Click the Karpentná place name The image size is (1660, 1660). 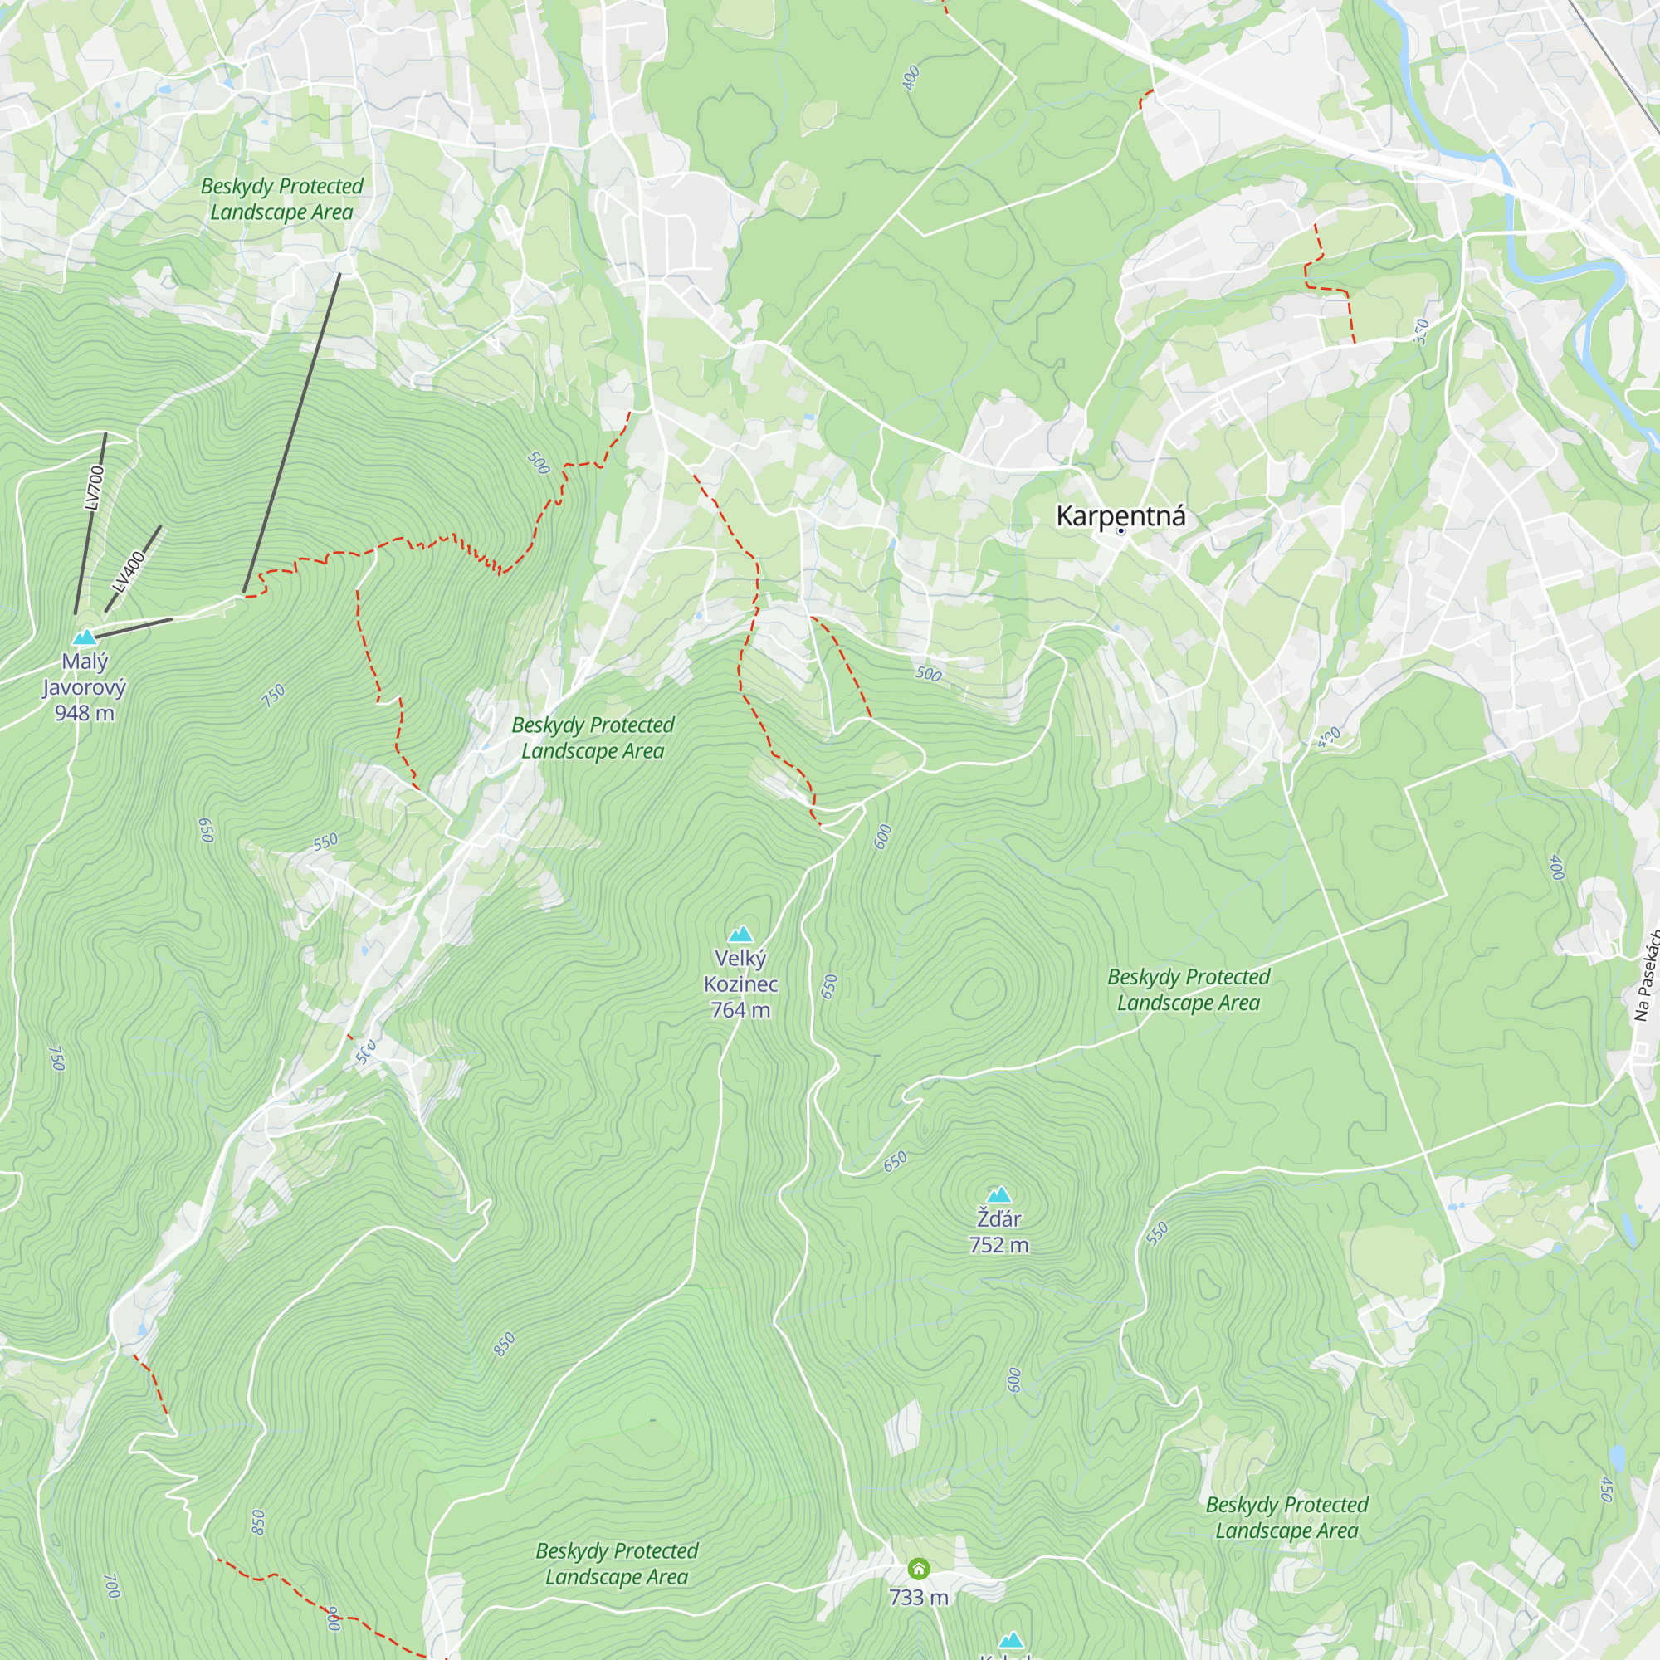(1120, 515)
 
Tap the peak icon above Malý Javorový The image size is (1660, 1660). (84, 637)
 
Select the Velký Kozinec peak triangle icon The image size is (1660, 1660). (740, 934)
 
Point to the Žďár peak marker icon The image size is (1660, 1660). (998, 1194)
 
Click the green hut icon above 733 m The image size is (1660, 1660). (919, 1570)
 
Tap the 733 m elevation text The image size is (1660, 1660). (919, 1597)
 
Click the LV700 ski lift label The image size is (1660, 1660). (95, 487)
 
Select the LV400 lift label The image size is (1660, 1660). (129, 571)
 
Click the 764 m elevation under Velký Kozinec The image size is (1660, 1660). (740, 1010)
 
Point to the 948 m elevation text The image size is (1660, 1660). (84, 713)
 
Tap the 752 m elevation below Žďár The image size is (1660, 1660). (998, 1245)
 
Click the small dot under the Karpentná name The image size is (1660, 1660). (1121, 531)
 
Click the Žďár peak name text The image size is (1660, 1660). (998, 1219)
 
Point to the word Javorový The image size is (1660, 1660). (84, 687)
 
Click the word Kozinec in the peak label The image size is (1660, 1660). (740, 984)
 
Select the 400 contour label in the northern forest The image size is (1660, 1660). (911, 77)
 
